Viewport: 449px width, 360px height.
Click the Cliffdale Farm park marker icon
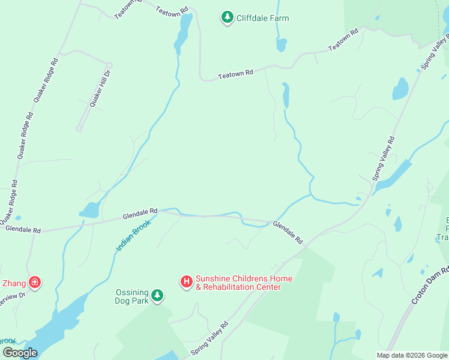(x=227, y=17)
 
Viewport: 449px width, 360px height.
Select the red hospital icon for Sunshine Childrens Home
(x=187, y=281)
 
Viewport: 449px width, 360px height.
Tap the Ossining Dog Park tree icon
(x=157, y=295)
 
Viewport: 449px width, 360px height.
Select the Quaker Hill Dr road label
(x=100, y=89)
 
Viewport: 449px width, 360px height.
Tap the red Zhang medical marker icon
(x=35, y=281)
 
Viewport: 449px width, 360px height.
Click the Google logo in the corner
(x=20, y=353)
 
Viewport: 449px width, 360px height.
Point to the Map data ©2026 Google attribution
(x=412, y=355)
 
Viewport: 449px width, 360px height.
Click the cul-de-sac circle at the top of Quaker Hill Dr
(x=109, y=65)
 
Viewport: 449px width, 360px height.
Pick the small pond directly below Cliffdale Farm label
(x=281, y=44)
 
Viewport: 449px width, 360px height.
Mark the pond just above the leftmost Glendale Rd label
(x=89, y=210)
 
